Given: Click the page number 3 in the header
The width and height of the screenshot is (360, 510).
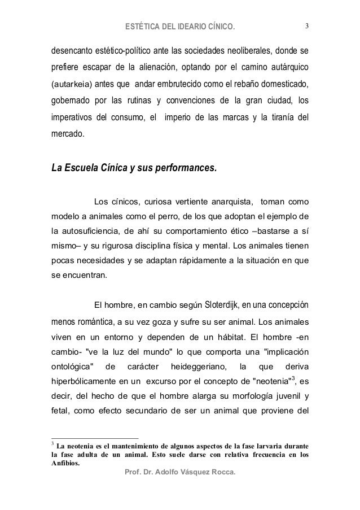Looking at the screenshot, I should tap(306, 25).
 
